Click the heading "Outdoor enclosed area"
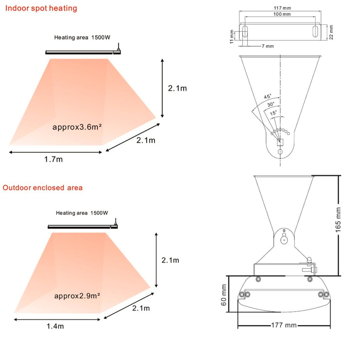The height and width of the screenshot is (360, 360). (x=43, y=187)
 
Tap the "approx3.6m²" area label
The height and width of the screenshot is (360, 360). (x=77, y=127)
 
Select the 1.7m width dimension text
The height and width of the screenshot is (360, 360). (x=53, y=159)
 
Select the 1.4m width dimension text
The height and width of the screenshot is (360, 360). (x=55, y=326)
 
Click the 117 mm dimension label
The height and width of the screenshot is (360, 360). (x=282, y=8)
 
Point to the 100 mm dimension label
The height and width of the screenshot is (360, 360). (x=282, y=14)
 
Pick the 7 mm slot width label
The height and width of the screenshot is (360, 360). (x=267, y=46)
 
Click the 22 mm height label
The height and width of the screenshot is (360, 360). (x=331, y=32)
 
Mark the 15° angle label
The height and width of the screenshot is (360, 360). (x=273, y=113)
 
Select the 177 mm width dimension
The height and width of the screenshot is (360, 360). (x=284, y=325)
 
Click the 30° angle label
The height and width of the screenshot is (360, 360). (x=271, y=104)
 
